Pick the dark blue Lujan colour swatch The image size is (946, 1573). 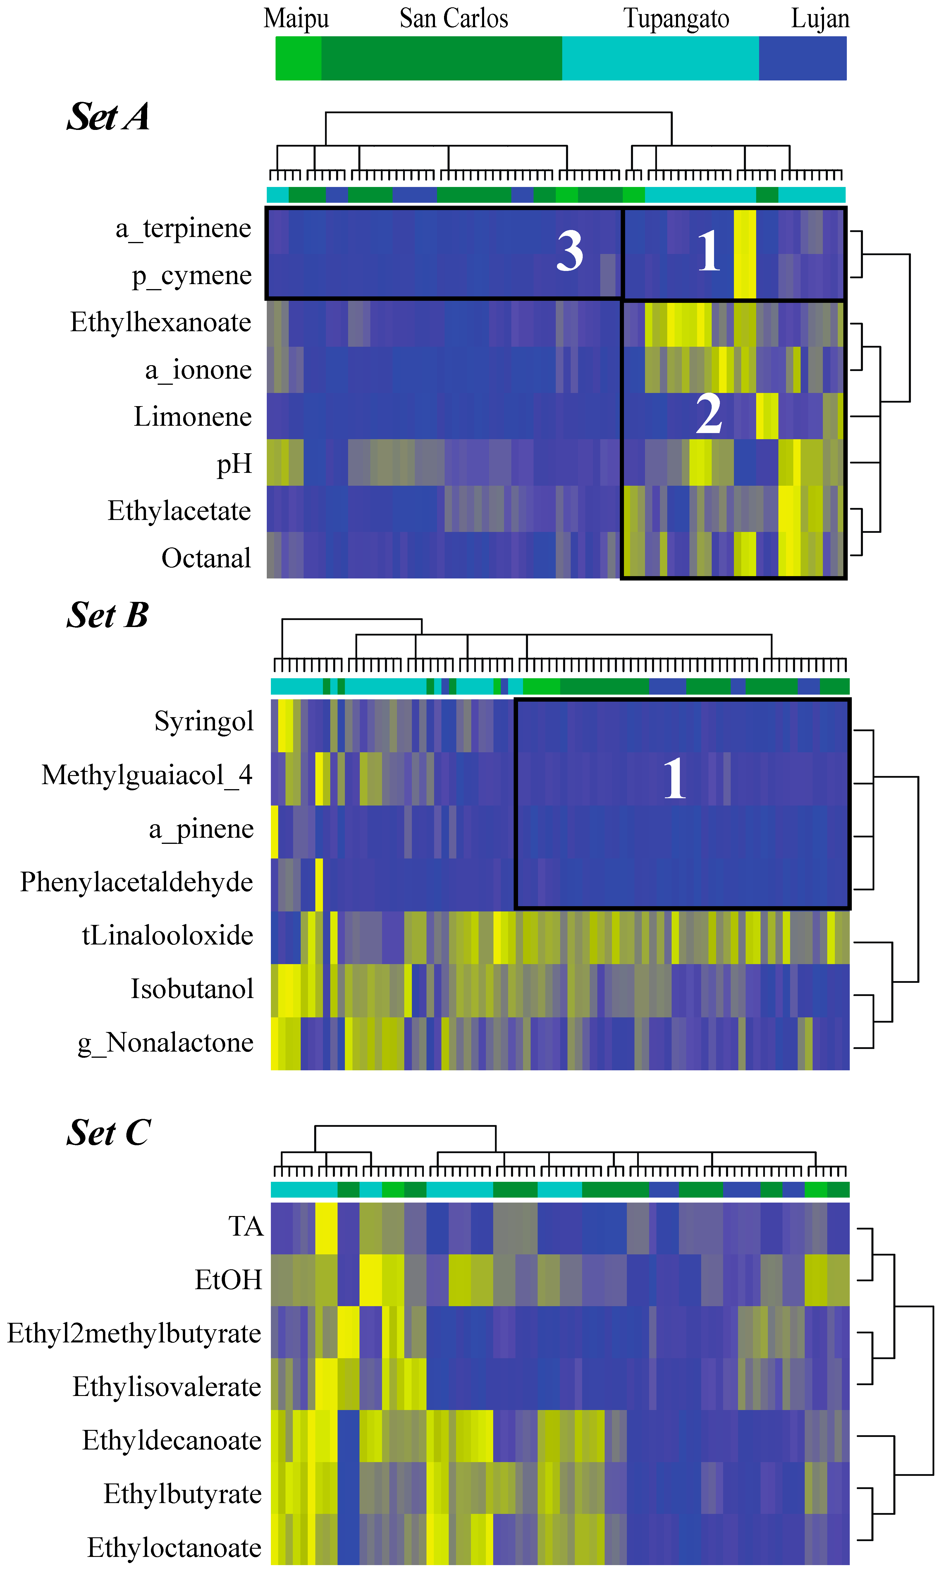click(803, 58)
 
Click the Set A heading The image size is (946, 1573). click(108, 117)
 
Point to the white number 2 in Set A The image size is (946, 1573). click(709, 414)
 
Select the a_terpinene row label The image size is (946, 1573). click(184, 228)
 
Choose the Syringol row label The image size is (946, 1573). click(204, 721)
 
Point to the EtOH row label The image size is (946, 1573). click(228, 1280)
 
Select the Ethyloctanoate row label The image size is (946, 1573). click(174, 1548)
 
